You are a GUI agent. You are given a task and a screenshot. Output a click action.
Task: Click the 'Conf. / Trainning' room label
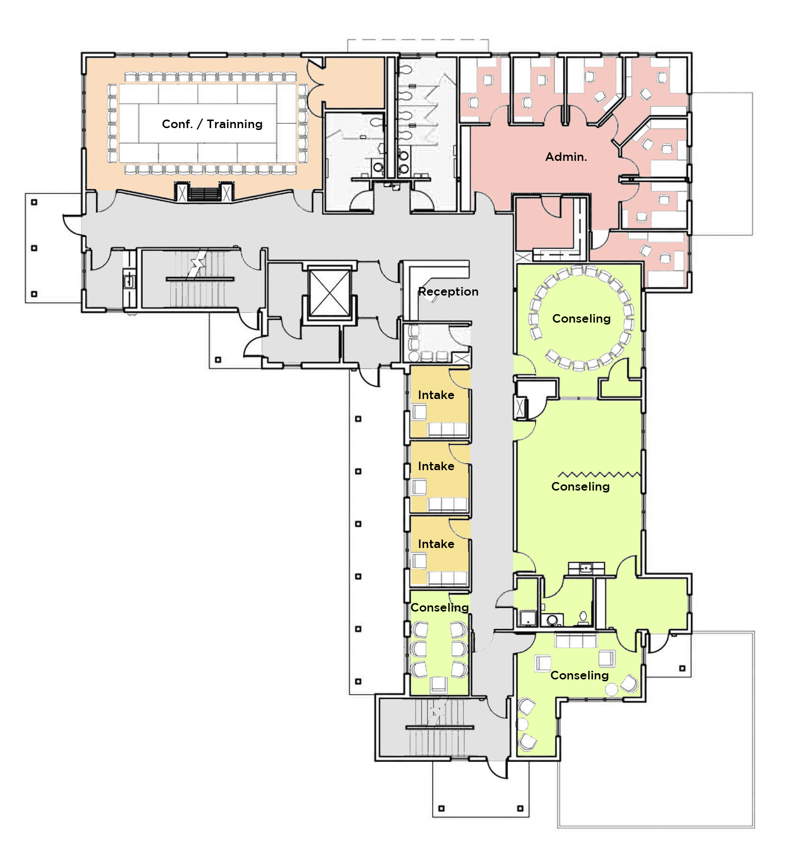[212, 124]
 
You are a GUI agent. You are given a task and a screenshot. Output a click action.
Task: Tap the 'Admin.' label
[566, 157]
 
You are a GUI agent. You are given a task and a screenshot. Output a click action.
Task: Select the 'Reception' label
[448, 292]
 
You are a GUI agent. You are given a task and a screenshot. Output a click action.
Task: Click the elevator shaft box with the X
[329, 292]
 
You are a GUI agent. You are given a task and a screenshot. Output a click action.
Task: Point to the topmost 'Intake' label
[436, 395]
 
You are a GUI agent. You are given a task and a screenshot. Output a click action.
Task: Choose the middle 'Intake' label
[436, 466]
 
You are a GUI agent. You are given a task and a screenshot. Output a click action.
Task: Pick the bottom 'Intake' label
[436, 544]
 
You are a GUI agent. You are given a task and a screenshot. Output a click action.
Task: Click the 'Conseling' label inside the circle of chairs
[581, 319]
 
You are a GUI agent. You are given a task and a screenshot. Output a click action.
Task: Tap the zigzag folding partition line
[599, 474]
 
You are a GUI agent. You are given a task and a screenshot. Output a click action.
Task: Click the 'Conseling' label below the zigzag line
[581, 487]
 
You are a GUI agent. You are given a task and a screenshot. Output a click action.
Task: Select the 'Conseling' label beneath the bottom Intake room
[440, 608]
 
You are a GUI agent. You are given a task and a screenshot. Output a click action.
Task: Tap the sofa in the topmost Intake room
[448, 429]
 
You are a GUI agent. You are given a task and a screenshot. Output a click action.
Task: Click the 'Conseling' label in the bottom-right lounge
[580, 676]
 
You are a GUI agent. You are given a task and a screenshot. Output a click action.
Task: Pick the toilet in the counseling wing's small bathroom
[583, 617]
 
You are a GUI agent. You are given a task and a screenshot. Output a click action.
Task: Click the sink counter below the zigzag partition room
[587, 568]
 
